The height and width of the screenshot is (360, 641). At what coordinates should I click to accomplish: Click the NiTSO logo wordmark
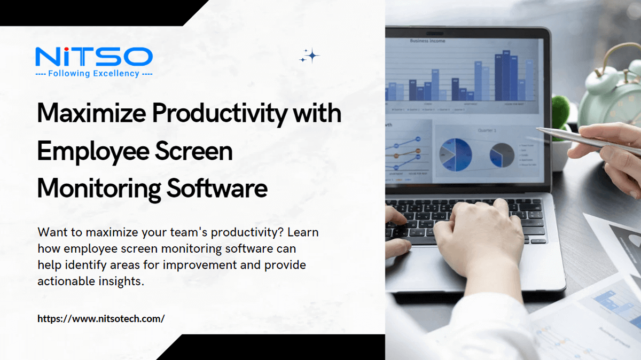[x=93, y=57]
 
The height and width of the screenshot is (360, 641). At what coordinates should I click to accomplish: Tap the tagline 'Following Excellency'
[x=93, y=74]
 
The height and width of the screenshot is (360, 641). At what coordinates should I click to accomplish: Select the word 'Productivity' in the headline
[x=221, y=115]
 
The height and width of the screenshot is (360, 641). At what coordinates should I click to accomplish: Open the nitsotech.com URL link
[x=101, y=318]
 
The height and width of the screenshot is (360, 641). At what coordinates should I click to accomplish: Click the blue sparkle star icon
[x=310, y=56]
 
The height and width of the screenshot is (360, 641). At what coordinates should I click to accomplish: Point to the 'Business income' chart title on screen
[x=427, y=41]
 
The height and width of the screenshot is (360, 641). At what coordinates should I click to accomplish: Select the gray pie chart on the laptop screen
[x=502, y=154]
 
